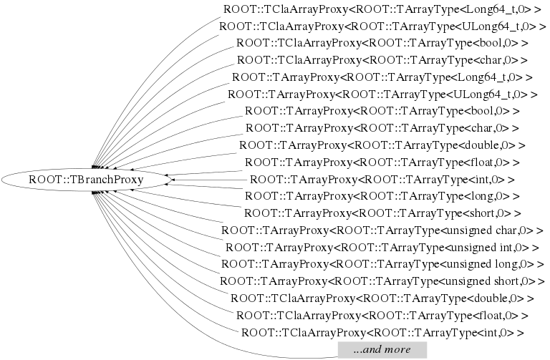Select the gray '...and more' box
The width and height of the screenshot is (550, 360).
(x=382, y=350)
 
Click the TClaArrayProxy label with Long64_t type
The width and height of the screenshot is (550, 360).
(x=382, y=9)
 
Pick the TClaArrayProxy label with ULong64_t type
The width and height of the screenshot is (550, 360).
(x=382, y=26)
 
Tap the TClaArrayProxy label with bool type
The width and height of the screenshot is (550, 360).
(x=382, y=43)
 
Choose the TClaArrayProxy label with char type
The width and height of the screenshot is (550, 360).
(x=382, y=60)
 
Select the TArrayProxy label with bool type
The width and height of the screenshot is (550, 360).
(x=382, y=112)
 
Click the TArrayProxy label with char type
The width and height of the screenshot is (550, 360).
(x=382, y=129)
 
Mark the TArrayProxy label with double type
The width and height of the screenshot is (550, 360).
(x=382, y=145)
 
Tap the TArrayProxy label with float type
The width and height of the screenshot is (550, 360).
(x=382, y=162)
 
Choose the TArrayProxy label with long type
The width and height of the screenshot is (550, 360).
(x=382, y=196)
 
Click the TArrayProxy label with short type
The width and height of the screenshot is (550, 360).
(x=382, y=213)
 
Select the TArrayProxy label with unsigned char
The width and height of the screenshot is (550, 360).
(x=382, y=230)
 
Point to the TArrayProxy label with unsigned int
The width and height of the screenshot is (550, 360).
(x=382, y=248)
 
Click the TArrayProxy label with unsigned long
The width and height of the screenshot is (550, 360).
(x=382, y=265)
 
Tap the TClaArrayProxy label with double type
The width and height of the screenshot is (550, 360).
(x=382, y=298)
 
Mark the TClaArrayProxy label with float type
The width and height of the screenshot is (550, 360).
(x=382, y=316)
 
